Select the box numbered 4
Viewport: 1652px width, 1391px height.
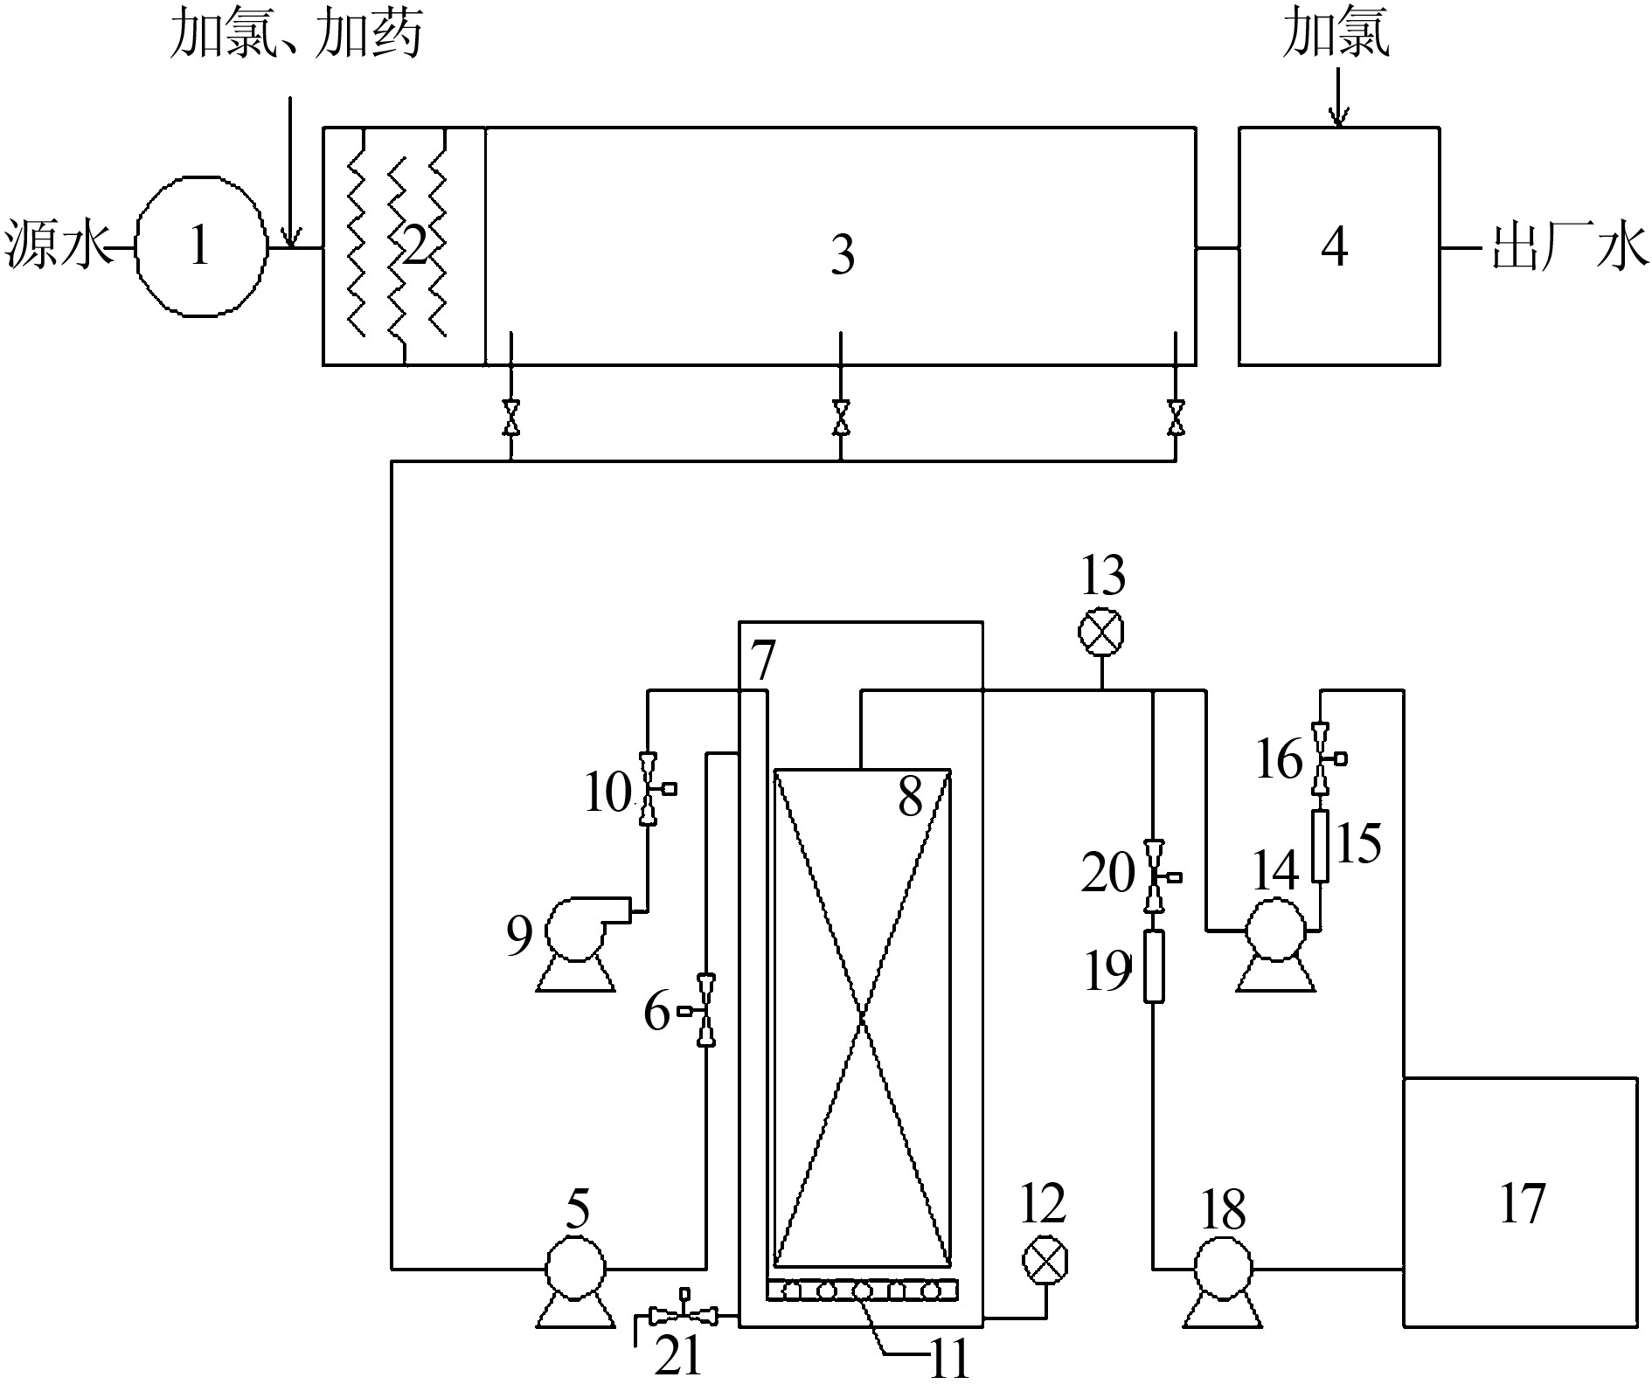(x=1338, y=246)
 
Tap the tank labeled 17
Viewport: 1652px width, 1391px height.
(x=1519, y=1202)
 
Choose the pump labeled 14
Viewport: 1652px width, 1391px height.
(x=1275, y=931)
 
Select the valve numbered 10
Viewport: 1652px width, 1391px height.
(x=648, y=789)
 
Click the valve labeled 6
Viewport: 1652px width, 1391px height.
(x=705, y=1010)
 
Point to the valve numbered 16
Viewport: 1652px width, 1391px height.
(x=1321, y=758)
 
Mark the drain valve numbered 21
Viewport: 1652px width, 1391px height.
(x=685, y=1313)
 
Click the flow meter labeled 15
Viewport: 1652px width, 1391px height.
(x=1320, y=845)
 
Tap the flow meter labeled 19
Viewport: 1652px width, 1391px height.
(x=1155, y=965)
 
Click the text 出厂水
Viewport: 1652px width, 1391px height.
(x=1568, y=247)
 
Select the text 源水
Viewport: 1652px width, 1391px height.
(x=55, y=247)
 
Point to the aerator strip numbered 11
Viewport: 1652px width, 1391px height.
(x=862, y=1290)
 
